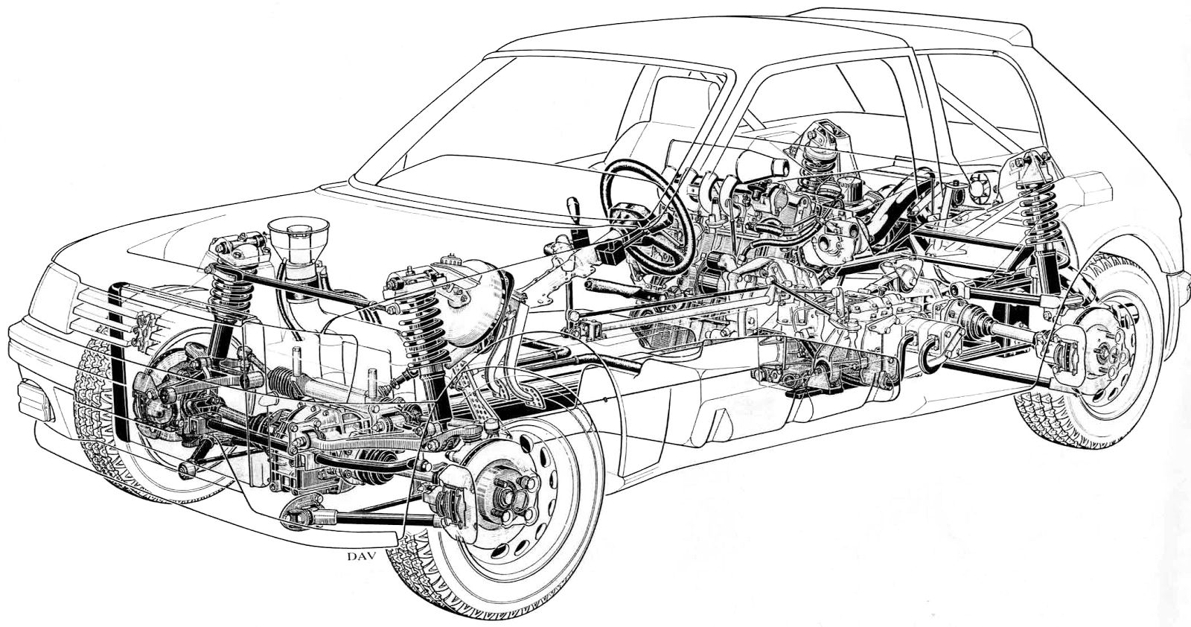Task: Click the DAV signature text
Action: click(x=361, y=557)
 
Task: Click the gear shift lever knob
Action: click(x=572, y=204)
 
